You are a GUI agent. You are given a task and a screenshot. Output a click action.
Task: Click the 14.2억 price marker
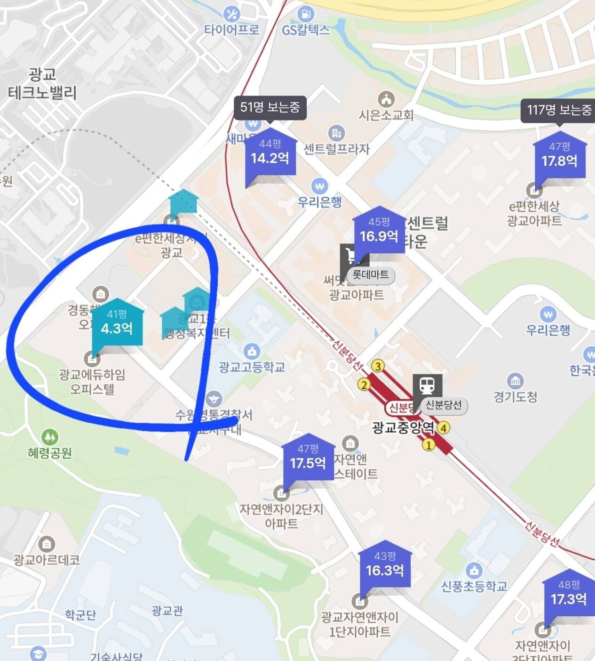[270, 153]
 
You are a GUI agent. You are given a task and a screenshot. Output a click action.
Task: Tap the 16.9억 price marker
[379, 231]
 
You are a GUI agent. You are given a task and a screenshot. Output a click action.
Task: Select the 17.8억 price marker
[559, 156]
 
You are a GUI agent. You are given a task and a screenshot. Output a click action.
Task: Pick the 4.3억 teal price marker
[117, 324]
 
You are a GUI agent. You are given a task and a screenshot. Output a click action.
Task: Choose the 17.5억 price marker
[308, 459]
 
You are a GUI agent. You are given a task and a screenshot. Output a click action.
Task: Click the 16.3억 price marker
[385, 566]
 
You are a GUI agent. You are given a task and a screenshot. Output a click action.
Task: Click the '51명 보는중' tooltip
[270, 107]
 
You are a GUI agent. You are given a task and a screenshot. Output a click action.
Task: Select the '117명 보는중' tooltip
[559, 111]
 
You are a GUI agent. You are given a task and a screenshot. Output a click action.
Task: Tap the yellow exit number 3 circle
[377, 366]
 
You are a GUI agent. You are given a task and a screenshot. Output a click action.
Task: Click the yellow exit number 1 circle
[428, 444]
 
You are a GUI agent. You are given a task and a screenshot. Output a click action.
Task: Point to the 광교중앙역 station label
[404, 428]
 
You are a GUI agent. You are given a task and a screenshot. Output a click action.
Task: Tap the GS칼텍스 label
[306, 30]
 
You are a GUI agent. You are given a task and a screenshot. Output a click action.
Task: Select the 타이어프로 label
[231, 30]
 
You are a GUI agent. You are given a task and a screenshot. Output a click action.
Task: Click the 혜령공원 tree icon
[49, 437]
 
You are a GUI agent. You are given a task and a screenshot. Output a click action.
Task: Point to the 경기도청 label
[515, 397]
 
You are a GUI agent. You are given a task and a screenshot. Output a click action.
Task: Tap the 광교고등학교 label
[252, 367]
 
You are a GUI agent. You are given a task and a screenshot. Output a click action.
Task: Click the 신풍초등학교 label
[474, 586]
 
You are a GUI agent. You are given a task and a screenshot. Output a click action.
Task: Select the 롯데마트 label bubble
[371, 274]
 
